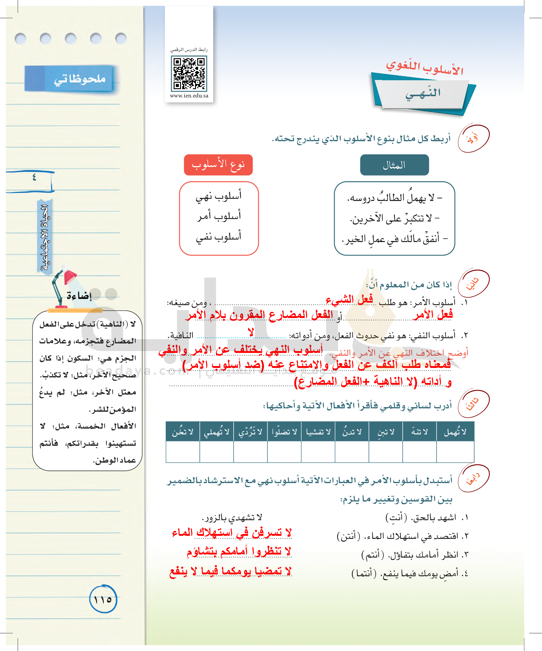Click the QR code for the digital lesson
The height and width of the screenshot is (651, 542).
[189, 73]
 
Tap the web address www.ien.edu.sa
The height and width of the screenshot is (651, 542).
[189, 96]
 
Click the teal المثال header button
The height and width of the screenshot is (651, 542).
[394, 165]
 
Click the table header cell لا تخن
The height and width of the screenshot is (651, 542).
[183, 432]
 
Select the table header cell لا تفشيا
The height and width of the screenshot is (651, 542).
[318, 432]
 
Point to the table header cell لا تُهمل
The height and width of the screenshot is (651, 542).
[455, 432]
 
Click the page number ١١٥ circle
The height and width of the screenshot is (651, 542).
[103, 600]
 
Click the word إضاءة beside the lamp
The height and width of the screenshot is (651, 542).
[79, 295]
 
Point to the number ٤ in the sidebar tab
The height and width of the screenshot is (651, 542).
[34, 177]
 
